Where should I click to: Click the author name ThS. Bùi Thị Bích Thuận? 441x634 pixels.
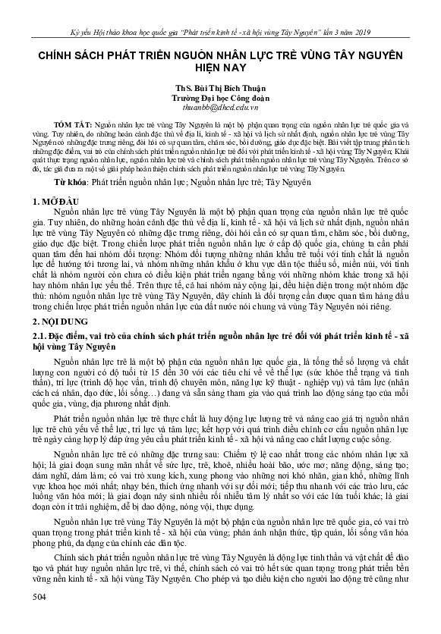(219, 86)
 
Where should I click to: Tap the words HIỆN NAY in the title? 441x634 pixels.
(220, 67)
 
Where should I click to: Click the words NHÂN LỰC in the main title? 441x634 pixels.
(257, 54)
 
